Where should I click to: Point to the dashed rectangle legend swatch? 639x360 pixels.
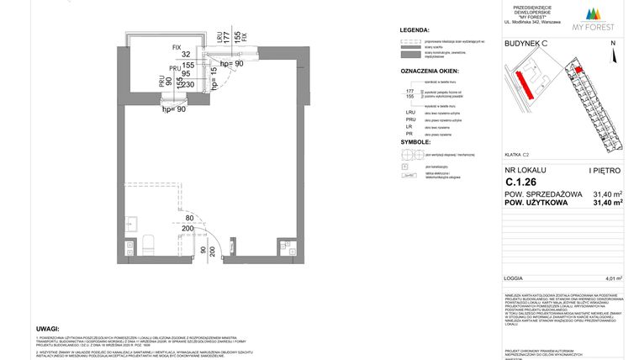pos(409,41)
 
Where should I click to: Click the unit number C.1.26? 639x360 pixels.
pos(518,181)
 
